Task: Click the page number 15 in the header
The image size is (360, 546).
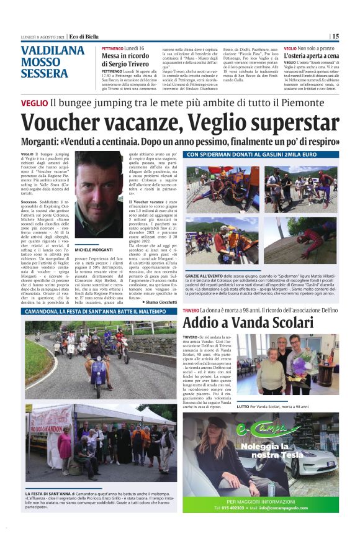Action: pos(335,37)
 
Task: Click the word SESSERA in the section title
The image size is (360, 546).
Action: pos(44,73)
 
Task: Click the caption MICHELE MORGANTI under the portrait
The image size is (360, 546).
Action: pos(93,248)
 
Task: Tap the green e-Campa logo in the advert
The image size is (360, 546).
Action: pos(259,428)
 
